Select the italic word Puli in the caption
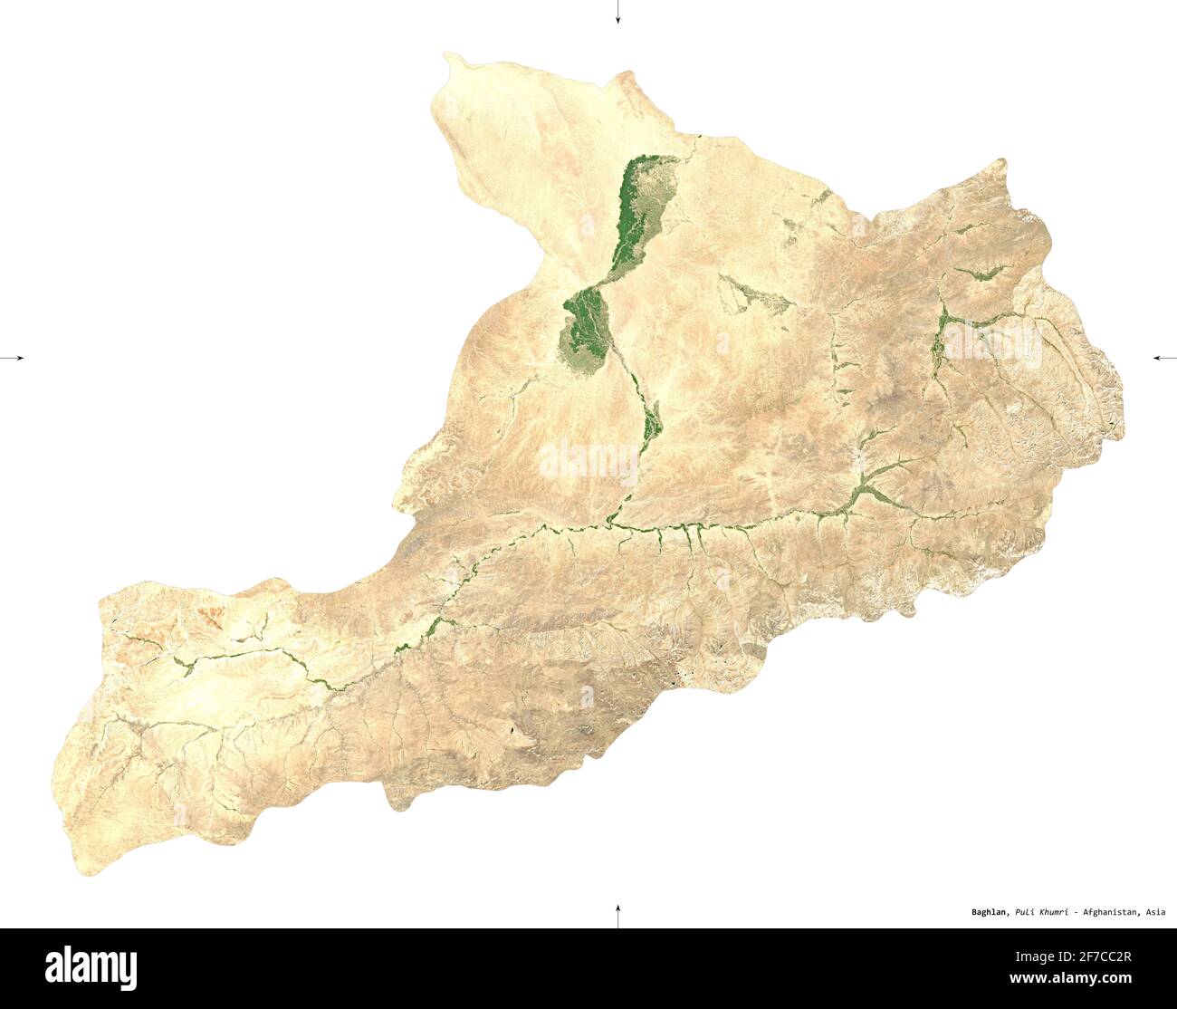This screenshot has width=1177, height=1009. (1026, 912)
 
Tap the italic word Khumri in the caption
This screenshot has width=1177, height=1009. (1055, 912)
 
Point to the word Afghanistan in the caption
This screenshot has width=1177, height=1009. (1110, 912)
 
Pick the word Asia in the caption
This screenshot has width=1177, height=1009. (1155, 912)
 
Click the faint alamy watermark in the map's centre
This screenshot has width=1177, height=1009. (588, 460)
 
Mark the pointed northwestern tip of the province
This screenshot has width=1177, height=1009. (447, 56)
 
